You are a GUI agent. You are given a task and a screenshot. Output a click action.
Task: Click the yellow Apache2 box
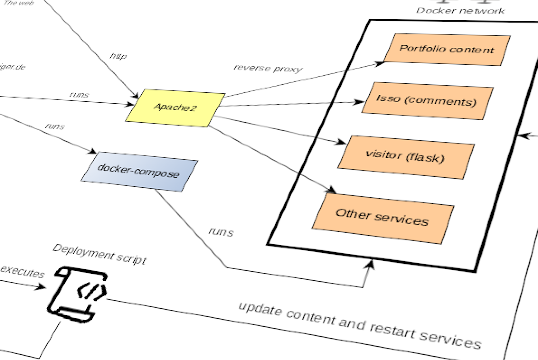click(175, 108)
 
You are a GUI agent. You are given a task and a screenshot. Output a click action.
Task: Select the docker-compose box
click(139, 172)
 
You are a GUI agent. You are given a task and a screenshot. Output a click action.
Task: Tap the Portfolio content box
click(447, 49)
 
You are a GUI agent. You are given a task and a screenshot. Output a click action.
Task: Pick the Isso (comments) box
click(426, 101)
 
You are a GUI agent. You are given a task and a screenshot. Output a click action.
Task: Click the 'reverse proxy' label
click(268, 68)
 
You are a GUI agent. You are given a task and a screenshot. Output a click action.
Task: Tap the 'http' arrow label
click(118, 56)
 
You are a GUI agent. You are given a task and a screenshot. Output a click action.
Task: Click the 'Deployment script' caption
click(99, 254)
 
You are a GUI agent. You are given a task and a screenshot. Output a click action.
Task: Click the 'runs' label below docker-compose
click(221, 232)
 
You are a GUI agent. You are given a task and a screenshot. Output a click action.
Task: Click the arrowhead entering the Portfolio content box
click(380, 64)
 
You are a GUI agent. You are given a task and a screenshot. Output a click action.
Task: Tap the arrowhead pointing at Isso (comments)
click(359, 103)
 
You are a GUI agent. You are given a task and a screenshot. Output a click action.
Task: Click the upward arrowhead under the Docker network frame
click(371, 264)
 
